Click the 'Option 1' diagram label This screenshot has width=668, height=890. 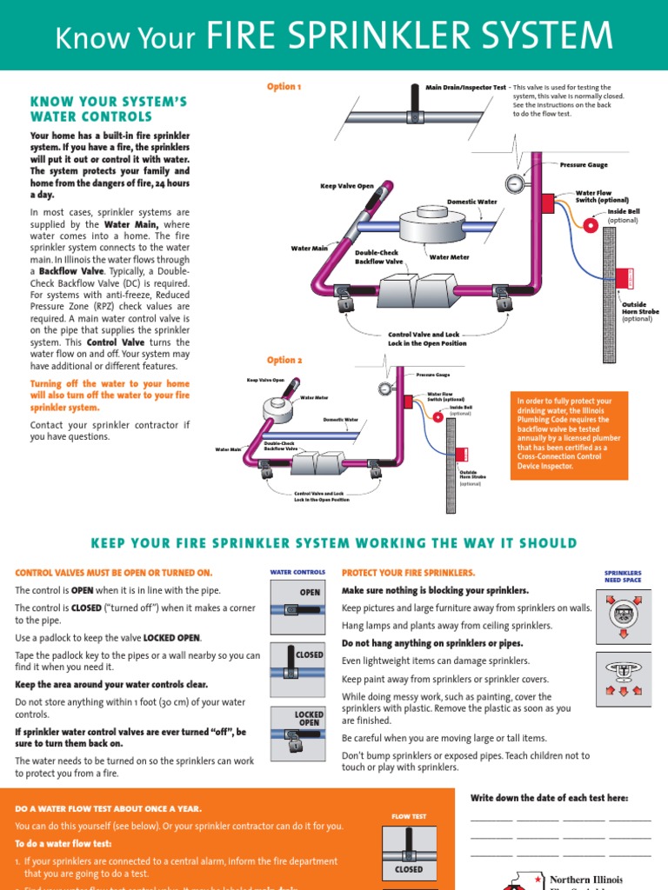(284, 87)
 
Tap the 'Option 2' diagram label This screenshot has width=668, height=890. (284, 360)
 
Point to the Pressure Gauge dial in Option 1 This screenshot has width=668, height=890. (513, 183)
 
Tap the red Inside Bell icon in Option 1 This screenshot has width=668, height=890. (590, 224)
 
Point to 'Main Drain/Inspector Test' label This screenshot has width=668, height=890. (465, 88)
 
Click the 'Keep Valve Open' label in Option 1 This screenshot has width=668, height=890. (347, 186)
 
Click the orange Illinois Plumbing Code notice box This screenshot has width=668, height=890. (568, 434)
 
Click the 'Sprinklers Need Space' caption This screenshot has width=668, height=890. (623, 576)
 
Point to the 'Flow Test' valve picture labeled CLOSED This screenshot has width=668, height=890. (409, 852)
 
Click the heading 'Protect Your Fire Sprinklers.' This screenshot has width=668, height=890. (409, 573)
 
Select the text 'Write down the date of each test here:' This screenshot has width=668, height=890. (549, 798)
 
